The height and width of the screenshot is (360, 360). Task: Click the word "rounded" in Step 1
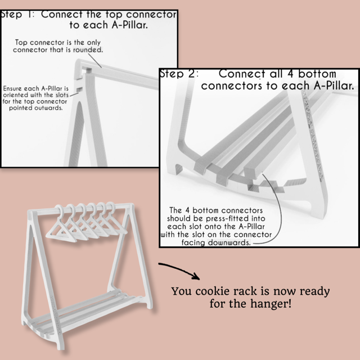(88, 49)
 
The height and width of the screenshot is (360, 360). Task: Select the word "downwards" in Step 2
(229, 242)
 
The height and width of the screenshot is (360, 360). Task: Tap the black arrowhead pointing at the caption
(196, 276)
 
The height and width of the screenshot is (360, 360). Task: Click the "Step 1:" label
(17, 15)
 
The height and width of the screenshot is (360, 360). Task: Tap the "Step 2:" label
(179, 74)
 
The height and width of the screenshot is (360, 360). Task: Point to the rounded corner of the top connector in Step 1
(79, 62)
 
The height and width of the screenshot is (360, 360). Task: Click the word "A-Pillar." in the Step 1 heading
(129, 25)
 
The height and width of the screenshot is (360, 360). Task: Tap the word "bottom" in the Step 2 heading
(317, 74)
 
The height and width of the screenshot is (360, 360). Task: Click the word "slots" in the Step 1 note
(62, 95)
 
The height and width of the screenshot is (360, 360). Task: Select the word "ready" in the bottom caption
(315, 291)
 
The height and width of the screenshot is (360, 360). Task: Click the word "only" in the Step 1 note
(94, 43)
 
